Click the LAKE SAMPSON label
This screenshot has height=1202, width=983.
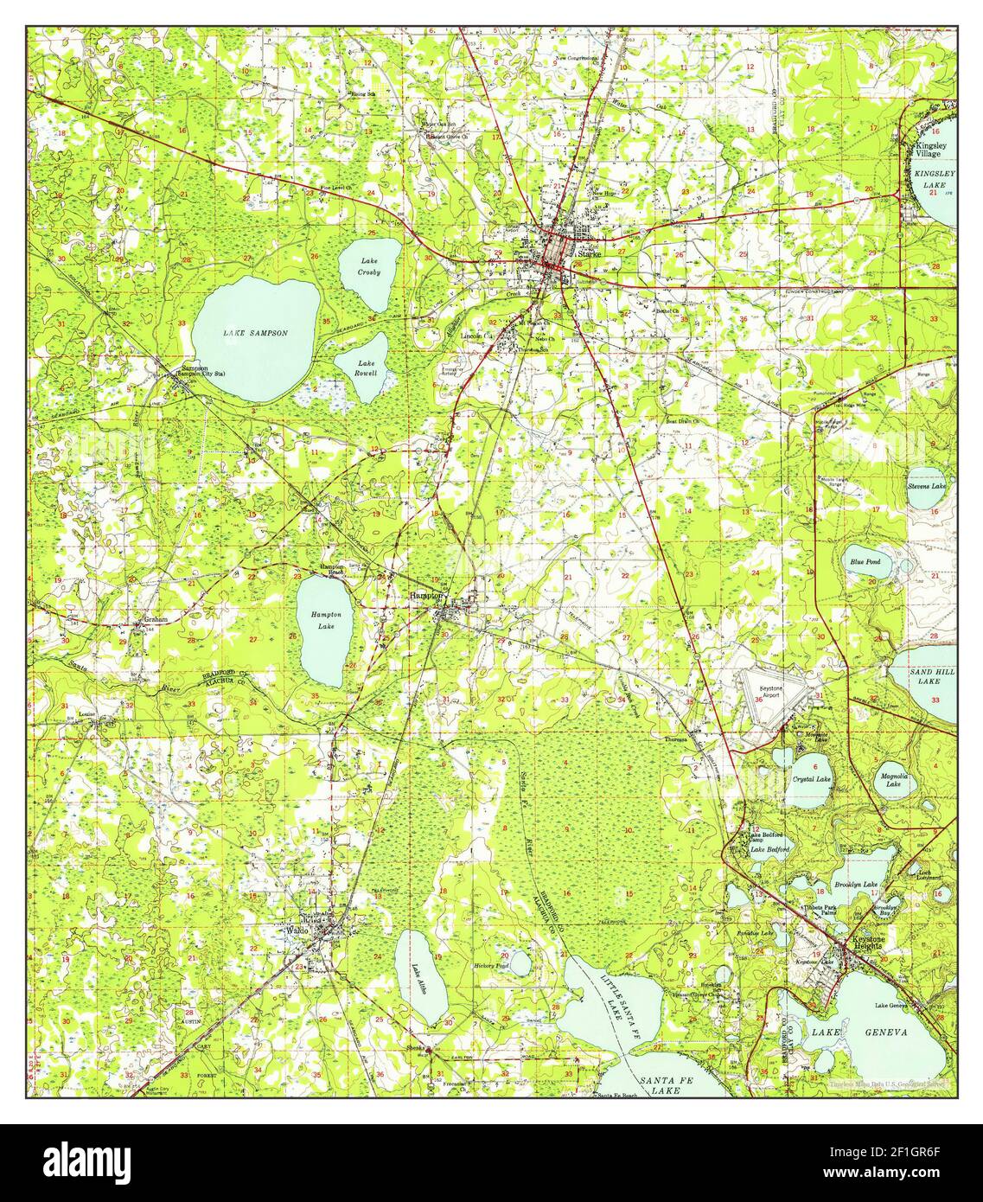pos(255,333)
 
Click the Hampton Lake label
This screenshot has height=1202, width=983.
pos(326,619)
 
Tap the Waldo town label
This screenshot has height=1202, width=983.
pos(297,931)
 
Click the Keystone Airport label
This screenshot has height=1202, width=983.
pos(777,692)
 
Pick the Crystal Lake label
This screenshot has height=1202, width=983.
pos(812,779)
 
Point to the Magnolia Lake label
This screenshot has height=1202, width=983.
pos(893,780)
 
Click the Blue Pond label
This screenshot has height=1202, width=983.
pos(865,562)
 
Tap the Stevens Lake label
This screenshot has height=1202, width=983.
pos(926,487)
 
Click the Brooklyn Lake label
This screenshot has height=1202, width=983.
pos(856,885)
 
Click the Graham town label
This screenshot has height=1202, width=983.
pos(155,619)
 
